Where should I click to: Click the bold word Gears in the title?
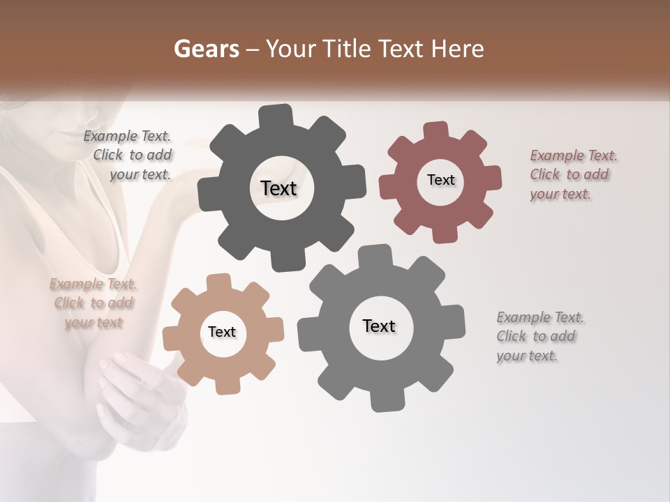click(204, 49)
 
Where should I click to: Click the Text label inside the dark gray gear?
click(278, 188)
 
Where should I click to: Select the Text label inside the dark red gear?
click(440, 180)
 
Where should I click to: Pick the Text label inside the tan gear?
click(222, 332)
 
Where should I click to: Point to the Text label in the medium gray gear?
click(379, 326)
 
